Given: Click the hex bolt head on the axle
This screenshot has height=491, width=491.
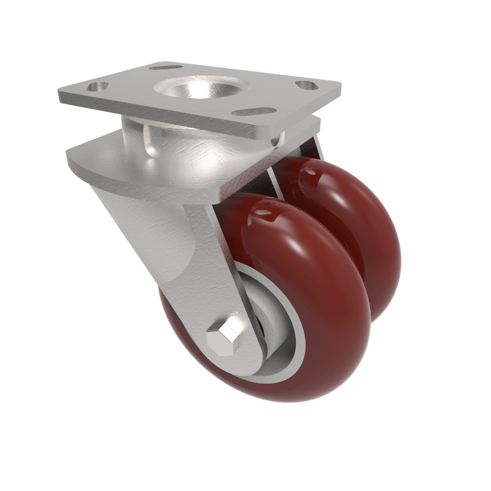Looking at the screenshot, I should pyautogui.click(x=222, y=337).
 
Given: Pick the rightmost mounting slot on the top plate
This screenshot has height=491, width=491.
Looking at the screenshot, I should pyautogui.click(x=307, y=85).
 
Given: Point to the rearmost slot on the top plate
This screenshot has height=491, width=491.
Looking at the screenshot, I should pyautogui.click(x=166, y=66).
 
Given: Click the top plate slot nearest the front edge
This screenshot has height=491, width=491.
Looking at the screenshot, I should pyautogui.click(x=253, y=112).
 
